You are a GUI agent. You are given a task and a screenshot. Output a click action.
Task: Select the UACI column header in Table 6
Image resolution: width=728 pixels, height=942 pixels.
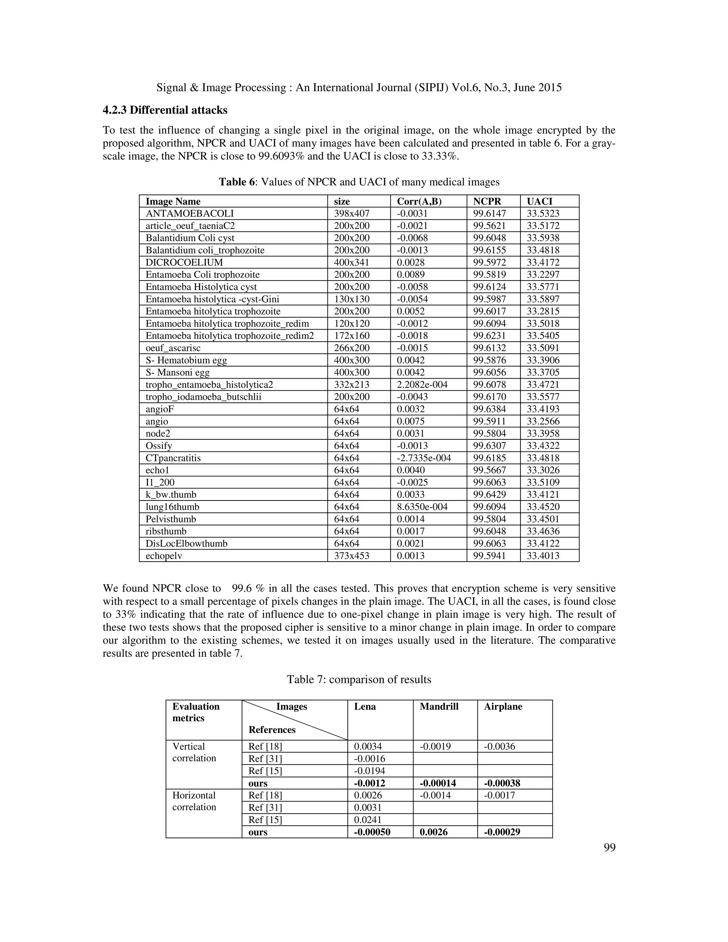point(539,202)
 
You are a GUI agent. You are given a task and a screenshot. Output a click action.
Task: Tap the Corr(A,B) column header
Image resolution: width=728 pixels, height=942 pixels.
point(419,202)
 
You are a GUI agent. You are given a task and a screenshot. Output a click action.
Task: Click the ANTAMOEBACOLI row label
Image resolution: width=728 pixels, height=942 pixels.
point(189,214)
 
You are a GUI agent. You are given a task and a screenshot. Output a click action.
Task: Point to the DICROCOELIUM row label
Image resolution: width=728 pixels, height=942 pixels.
point(184,263)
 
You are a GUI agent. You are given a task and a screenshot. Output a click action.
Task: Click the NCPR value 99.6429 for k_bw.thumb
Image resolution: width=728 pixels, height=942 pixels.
point(489,495)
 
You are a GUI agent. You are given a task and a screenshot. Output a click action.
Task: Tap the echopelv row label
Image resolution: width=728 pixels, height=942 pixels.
point(164,556)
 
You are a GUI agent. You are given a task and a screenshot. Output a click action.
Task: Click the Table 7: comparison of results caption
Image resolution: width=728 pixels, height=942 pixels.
point(359,680)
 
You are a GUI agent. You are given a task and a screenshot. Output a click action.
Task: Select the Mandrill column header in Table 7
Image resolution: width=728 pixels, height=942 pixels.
point(439,707)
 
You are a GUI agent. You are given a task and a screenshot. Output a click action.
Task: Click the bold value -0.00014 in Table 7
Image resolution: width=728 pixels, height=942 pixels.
point(437,783)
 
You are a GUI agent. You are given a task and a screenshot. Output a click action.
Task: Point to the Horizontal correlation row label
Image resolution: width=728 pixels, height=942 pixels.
point(194,801)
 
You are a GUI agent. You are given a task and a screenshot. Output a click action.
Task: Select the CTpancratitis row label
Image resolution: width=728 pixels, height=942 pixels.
point(173,458)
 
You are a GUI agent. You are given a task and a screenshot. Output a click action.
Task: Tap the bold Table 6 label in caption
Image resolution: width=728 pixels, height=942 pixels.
point(237,182)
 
